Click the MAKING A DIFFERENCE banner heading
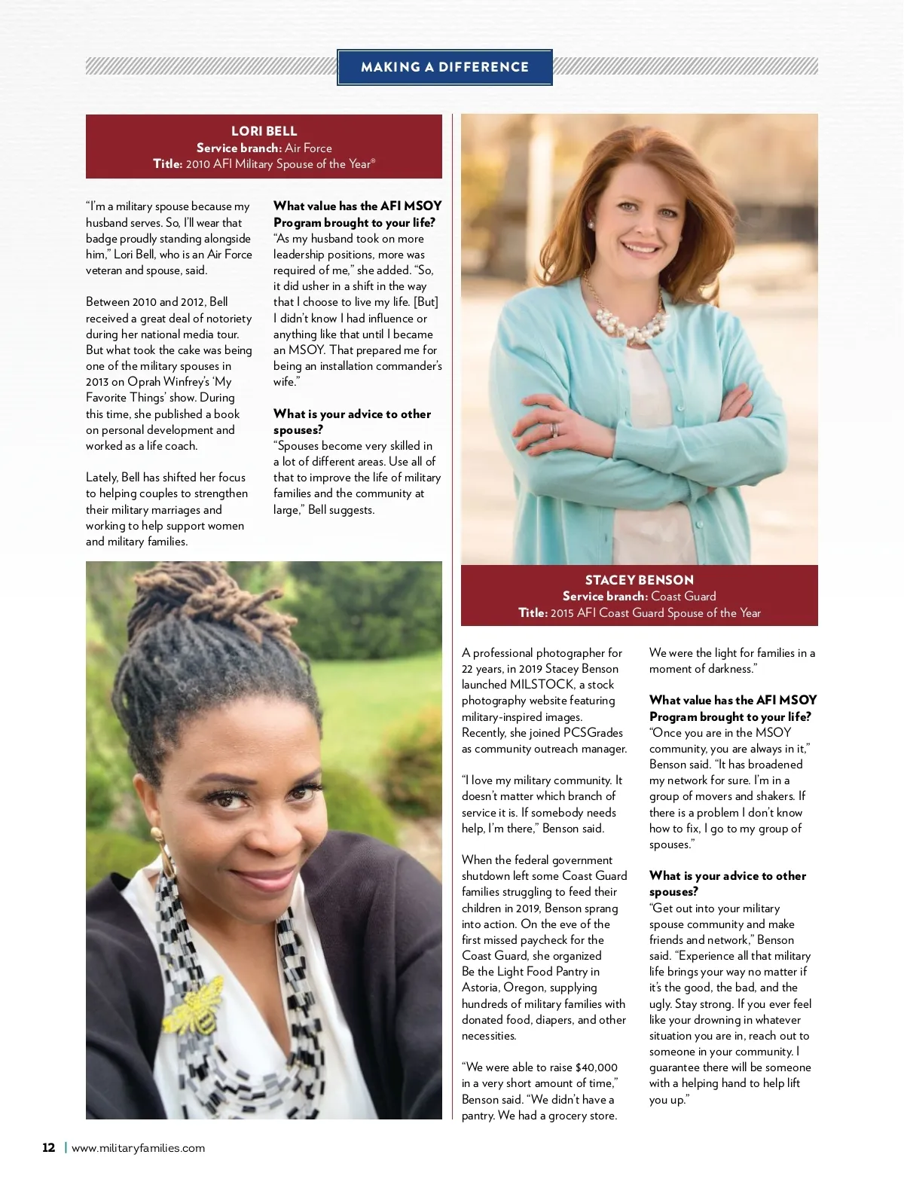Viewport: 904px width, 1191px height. [444, 67]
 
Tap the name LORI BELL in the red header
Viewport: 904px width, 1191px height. [264, 131]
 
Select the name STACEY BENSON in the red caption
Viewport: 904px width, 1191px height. [639, 580]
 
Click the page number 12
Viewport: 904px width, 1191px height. [49, 1148]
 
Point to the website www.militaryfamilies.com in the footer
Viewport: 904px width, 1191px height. [138, 1148]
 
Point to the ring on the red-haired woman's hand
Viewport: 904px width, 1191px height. [555, 429]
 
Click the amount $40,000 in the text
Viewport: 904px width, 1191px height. [596, 1067]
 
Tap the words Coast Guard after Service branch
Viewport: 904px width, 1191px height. [683, 597]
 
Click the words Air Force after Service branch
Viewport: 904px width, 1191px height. [308, 148]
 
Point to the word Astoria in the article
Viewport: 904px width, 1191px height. [481, 988]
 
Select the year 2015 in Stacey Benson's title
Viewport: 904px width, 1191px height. [562, 613]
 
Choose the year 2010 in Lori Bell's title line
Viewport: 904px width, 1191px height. [197, 164]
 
